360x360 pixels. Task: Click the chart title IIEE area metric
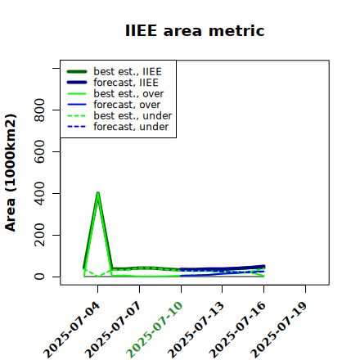click(x=195, y=30)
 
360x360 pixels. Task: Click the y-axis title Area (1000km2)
click(x=11, y=173)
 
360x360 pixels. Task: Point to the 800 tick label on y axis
click(x=39, y=110)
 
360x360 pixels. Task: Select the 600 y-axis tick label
click(x=39, y=151)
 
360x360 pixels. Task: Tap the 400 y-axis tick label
click(x=39, y=193)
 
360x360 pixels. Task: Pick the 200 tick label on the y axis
click(x=39, y=235)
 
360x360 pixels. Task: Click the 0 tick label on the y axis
click(x=39, y=277)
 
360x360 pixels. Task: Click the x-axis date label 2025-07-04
click(x=72, y=330)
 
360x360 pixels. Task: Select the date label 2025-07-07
click(x=114, y=330)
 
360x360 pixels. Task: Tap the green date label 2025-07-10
click(x=155, y=330)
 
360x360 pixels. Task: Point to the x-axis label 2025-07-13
click(x=196, y=330)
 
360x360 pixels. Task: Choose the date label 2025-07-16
click(x=238, y=330)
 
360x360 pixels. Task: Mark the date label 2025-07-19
click(x=279, y=330)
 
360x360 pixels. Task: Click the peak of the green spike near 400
click(x=98, y=193)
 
